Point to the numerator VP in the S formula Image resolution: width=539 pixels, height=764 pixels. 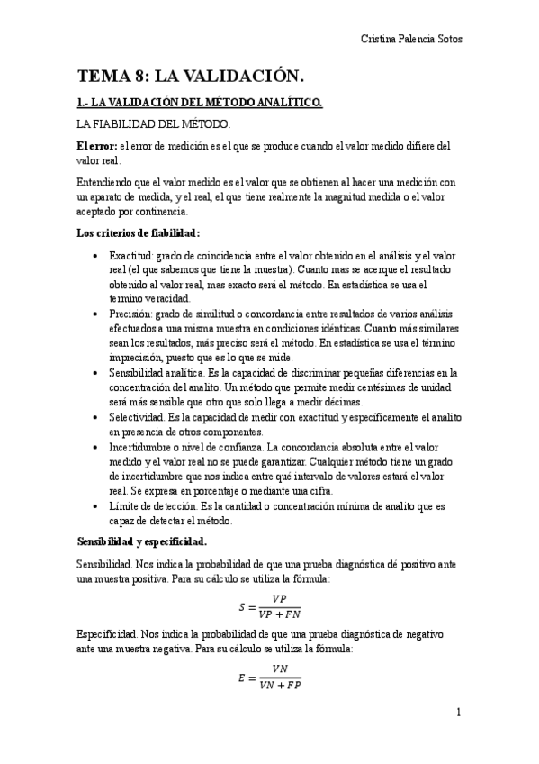[278, 598]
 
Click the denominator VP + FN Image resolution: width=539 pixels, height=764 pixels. [278, 615]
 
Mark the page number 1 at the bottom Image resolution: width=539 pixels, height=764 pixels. [458, 713]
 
